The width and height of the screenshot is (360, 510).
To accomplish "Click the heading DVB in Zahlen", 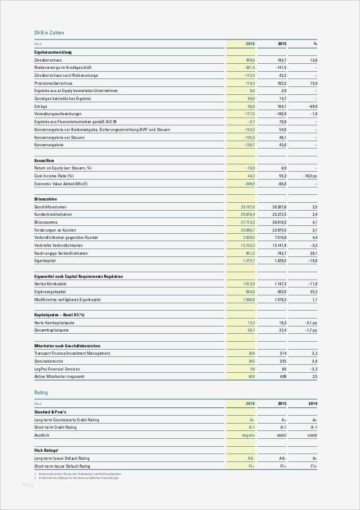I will (x=49, y=33).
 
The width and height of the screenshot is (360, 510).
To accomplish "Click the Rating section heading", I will (x=41, y=392).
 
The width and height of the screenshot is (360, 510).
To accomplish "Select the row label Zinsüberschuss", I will (x=48, y=60).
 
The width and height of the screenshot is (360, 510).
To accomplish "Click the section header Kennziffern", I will (x=44, y=160).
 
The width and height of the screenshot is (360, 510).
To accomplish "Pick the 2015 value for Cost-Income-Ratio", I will (x=282, y=176).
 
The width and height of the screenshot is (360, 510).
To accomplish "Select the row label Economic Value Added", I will (x=61, y=184).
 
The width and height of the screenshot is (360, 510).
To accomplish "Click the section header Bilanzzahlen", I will (x=46, y=199).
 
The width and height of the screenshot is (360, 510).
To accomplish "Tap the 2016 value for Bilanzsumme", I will (x=248, y=223).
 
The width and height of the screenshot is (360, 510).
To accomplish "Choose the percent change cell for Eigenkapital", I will (x=311, y=261).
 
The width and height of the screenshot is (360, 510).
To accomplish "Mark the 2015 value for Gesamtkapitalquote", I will (x=282, y=330).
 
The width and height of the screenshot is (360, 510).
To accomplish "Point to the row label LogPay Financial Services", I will (x=57, y=368).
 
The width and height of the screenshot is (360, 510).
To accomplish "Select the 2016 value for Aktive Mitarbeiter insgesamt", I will (x=252, y=376).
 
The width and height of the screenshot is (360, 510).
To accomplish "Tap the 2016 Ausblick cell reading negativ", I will (x=248, y=435).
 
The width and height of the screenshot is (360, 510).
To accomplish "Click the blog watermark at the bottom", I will (x=28, y=485).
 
